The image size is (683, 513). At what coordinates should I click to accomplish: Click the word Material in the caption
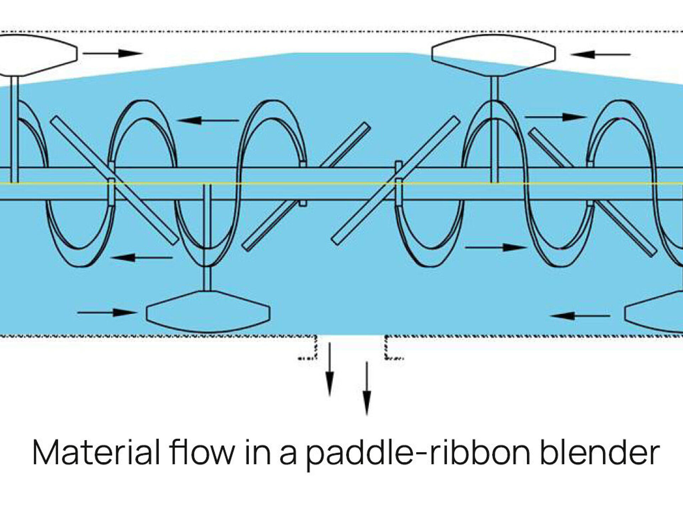(x=96, y=452)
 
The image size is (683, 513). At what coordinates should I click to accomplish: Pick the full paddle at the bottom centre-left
(x=208, y=312)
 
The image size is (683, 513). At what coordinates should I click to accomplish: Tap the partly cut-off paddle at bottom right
(x=656, y=313)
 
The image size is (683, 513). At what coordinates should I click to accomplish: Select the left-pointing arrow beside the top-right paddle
(x=600, y=55)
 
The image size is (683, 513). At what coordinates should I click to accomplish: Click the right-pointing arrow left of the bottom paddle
(x=107, y=312)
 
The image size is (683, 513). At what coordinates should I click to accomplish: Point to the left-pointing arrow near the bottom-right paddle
(x=580, y=316)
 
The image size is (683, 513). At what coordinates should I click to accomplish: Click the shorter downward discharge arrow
(x=330, y=369)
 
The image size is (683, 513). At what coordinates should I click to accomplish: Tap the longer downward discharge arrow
(x=367, y=388)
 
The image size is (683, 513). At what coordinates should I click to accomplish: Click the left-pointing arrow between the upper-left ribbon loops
(x=208, y=120)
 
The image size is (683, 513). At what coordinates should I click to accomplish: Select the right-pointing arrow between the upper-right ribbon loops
(x=555, y=117)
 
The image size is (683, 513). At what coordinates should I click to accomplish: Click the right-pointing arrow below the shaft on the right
(x=495, y=247)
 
